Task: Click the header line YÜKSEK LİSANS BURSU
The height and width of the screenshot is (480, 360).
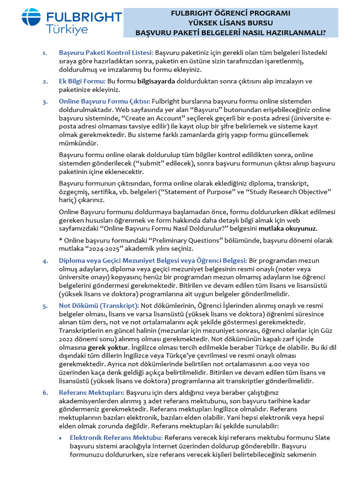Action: [x=230, y=22]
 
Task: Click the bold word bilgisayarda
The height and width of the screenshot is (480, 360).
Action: [x=156, y=81]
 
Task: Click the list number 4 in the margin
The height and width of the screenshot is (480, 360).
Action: [x=45, y=261]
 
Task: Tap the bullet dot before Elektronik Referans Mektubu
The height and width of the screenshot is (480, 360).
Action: [x=61, y=437]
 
